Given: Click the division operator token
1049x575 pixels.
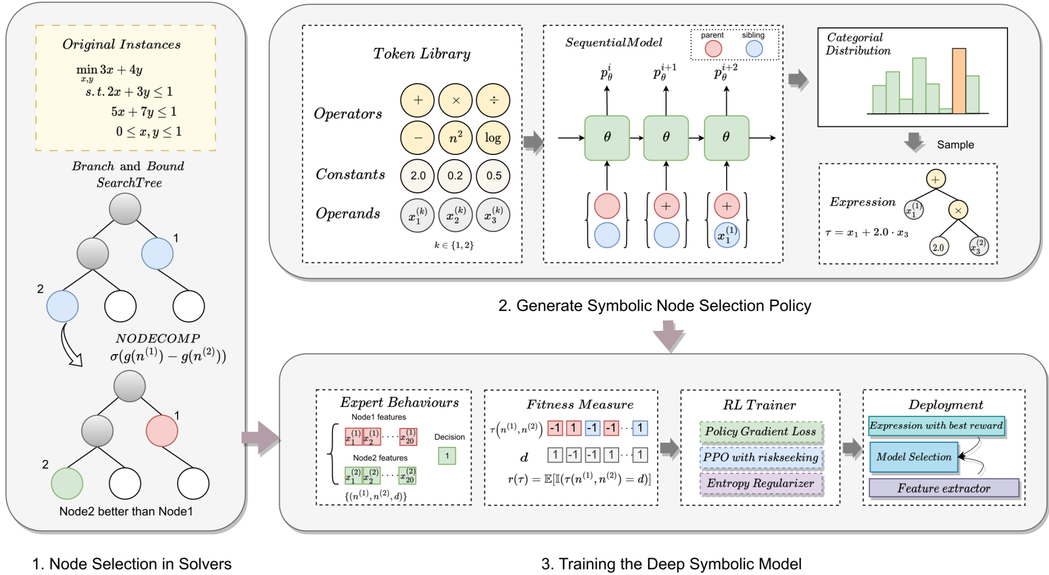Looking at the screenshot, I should pos(493,100).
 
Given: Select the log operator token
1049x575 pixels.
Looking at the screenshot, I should pos(493,138).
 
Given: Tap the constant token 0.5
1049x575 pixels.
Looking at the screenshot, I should pos(493,176).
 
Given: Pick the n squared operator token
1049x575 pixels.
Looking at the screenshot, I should pos(455,138).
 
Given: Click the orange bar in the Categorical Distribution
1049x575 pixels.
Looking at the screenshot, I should pos(959,81).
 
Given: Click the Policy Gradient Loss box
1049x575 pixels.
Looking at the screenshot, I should pos(760,432).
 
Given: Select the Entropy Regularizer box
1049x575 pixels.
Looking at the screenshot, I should pos(760,483).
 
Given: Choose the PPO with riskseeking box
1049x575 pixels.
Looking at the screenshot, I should pos(760,457).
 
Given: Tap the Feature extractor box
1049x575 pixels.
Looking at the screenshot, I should pos(944,488).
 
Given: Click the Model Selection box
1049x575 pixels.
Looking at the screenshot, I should pos(914,457).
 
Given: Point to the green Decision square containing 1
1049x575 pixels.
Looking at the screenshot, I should pos(447,456).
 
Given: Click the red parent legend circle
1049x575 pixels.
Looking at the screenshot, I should pos(713,48).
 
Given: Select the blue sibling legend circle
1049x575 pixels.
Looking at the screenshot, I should pos(754,48).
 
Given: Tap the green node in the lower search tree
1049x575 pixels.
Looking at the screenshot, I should pos(67,483).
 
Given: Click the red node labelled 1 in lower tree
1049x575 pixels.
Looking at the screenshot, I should pos(162,431).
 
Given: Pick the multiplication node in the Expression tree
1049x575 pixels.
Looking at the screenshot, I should pos(958,210).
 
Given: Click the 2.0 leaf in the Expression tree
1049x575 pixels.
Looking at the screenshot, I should pos(938,247).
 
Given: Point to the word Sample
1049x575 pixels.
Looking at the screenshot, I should pos(955,145).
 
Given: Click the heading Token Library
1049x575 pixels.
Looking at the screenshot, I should pos(421,54).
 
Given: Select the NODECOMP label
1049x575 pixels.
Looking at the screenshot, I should pos(158,338).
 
